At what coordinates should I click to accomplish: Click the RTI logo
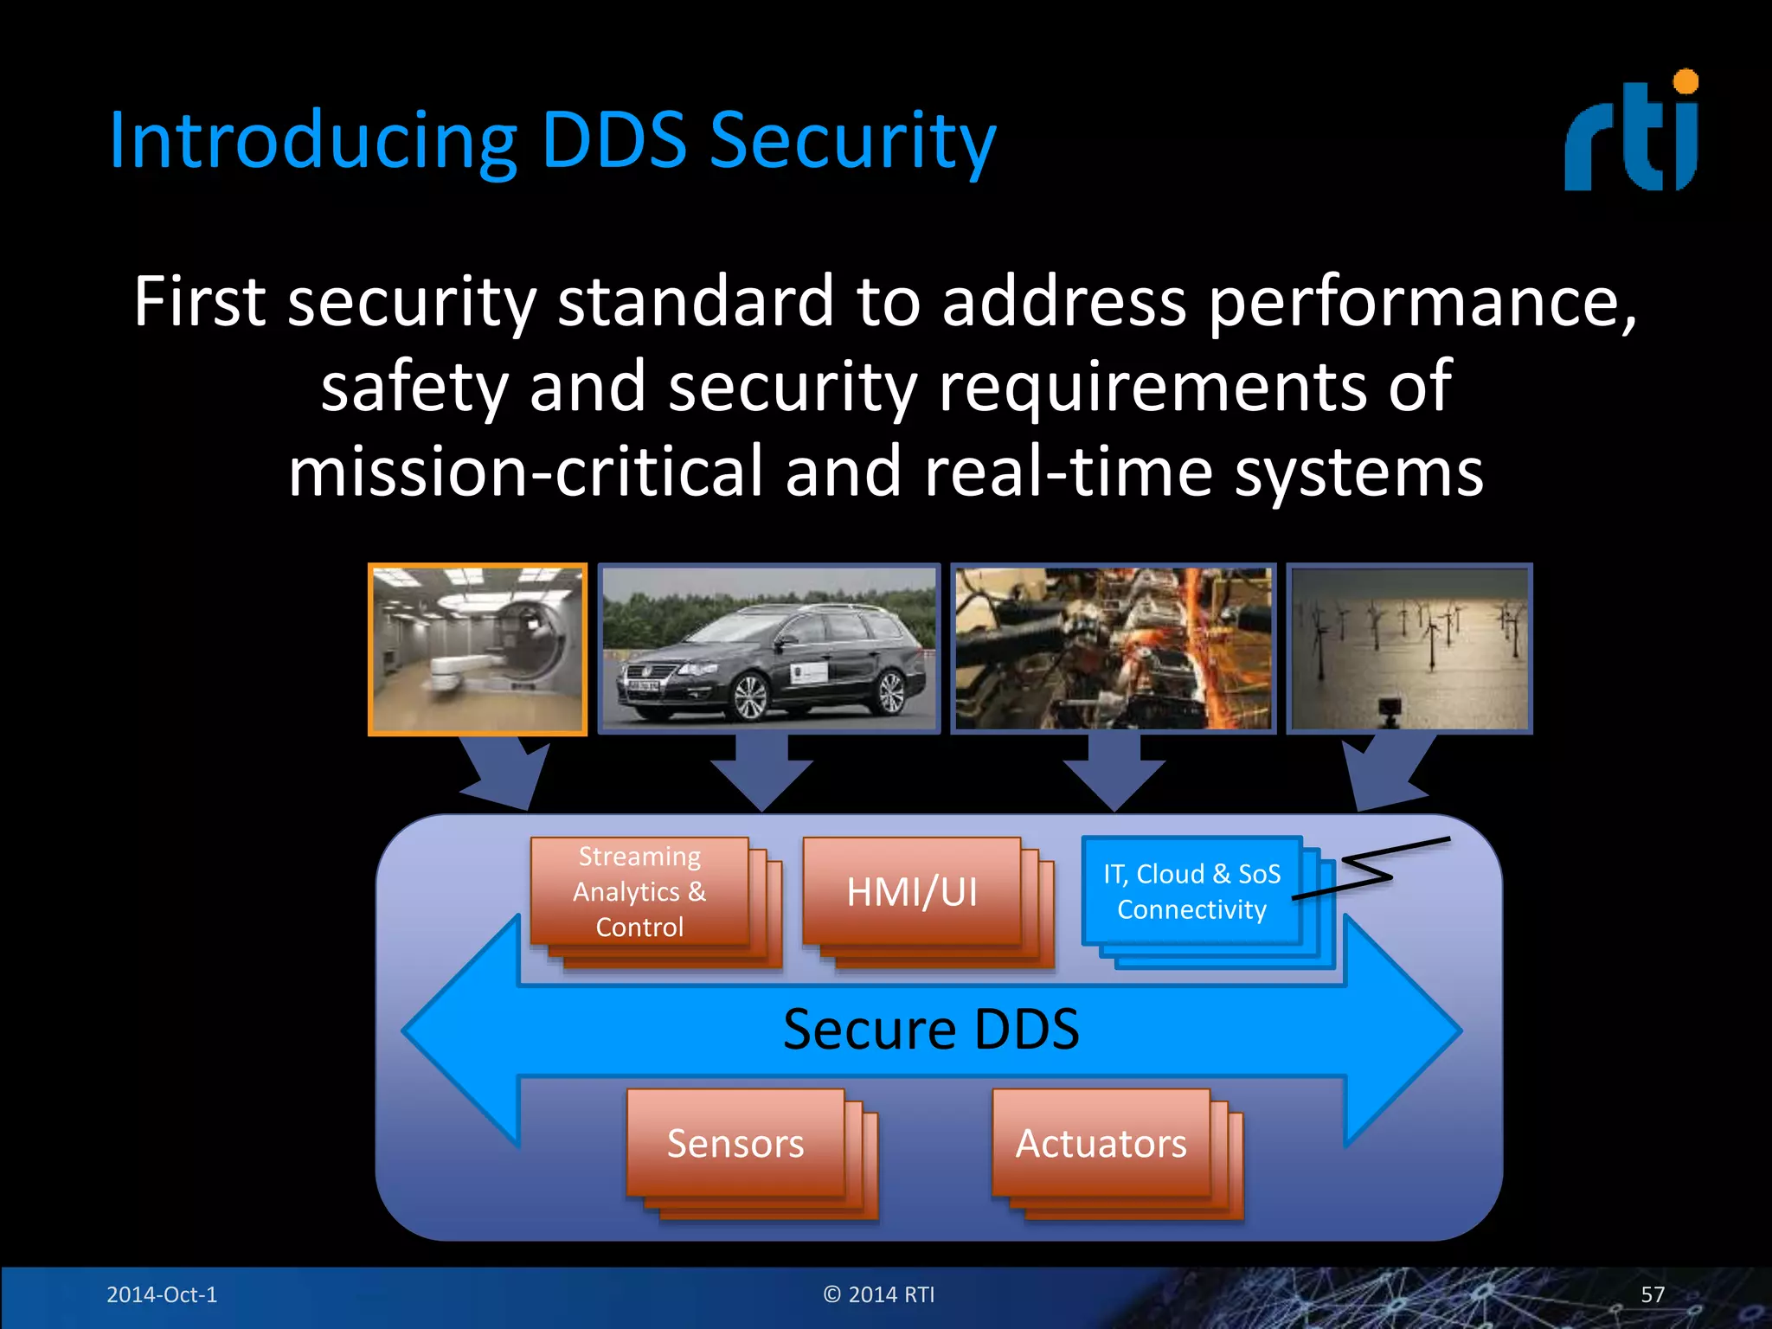click(x=1631, y=134)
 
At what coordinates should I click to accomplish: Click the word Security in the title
click(x=852, y=140)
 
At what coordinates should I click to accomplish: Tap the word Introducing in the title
click(x=312, y=140)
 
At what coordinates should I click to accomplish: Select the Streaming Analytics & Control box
click(x=639, y=891)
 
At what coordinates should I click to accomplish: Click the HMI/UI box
click(x=912, y=891)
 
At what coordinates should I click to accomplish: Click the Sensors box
click(x=735, y=1143)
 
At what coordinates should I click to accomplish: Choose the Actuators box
click(x=1101, y=1143)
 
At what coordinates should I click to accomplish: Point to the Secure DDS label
click(x=931, y=1030)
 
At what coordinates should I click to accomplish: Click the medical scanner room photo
click(x=478, y=649)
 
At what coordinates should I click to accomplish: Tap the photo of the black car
click(x=768, y=649)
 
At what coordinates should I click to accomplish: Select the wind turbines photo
click(x=1409, y=649)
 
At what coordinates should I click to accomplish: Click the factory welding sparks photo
click(x=1113, y=649)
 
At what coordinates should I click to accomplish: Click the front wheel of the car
click(x=748, y=697)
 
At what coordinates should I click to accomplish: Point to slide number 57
click(x=1652, y=1294)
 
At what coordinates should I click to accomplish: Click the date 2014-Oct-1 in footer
click(x=162, y=1294)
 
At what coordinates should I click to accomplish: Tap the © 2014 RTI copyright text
click(x=879, y=1294)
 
